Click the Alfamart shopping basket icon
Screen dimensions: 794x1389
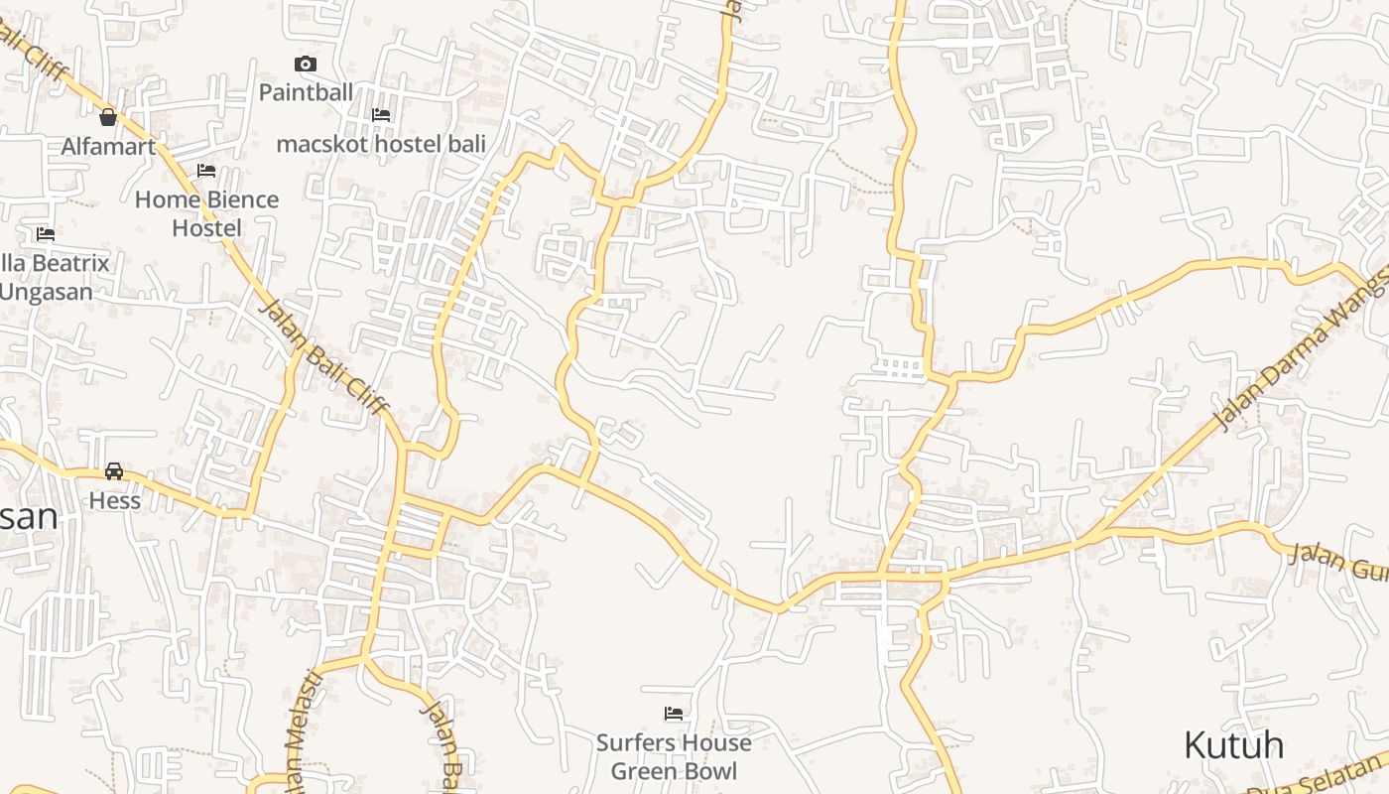pyautogui.click(x=108, y=117)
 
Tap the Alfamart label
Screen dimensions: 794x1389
pyautogui.click(x=108, y=147)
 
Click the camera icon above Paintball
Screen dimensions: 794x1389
pyautogui.click(x=306, y=65)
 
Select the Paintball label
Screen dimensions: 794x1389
pyautogui.click(x=306, y=92)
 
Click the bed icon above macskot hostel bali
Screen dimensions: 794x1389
pyautogui.click(x=380, y=115)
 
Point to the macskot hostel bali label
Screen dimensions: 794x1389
pyautogui.click(x=381, y=144)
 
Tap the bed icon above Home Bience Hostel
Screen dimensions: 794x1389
pyautogui.click(x=206, y=171)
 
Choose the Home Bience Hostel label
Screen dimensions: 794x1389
pyautogui.click(x=206, y=213)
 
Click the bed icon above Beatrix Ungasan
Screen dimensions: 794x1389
pyautogui.click(x=46, y=235)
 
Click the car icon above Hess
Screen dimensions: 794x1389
pyautogui.click(x=114, y=471)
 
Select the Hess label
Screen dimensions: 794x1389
pyautogui.click(x=115, y=500)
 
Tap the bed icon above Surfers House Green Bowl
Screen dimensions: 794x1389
pyautogui.click(x=674, y=714)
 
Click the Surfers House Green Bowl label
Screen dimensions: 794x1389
pyautogui.click(x=674, y=756)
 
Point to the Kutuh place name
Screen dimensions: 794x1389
pyautogui.click(x=1233, y=744)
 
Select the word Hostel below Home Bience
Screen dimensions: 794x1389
pyautogui.click(x=206, y=227)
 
